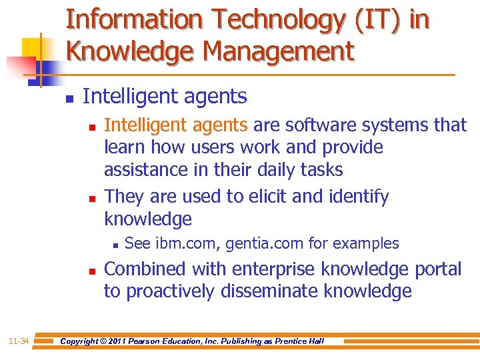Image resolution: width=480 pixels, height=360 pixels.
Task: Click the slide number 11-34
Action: coord(18,341)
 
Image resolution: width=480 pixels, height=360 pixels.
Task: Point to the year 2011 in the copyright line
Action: coord(121,341)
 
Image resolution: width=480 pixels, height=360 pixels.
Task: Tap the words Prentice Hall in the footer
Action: coord(301,341)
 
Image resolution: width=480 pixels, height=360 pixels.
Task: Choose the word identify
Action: coord(355,197)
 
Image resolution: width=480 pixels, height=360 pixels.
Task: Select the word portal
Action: coord(437,269)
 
